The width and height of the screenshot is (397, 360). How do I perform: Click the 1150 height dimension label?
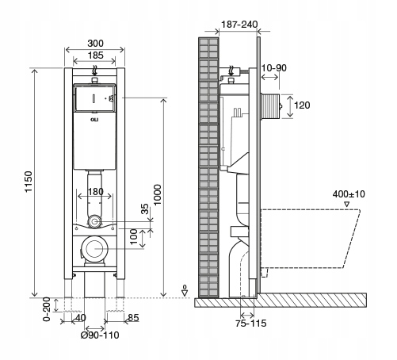pyautogui.click(x=29, y=182)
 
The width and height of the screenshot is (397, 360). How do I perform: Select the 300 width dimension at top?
pyautogui.click(x=95, y=44)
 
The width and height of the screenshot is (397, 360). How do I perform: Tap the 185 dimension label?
pyautogui.click(x=95, y=56)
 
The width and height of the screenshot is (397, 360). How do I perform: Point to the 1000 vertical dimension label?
pyautogui.click(x=157, y=195)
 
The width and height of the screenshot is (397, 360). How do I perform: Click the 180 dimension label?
pyautogui.click(x=95, y=192)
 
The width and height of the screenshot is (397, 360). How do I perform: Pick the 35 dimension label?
pyautogui.click(x=144, y=209)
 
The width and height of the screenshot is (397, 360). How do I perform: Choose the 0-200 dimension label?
pyautogui.click(x=47, y=309)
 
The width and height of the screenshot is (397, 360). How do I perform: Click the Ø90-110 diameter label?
pyautogui.click(x=100, y=335)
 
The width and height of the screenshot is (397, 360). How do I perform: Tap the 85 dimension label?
pyautogui.click(x=133, y=317)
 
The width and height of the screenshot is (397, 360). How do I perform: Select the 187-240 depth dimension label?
pyautogui.click(x=239, y=25)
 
